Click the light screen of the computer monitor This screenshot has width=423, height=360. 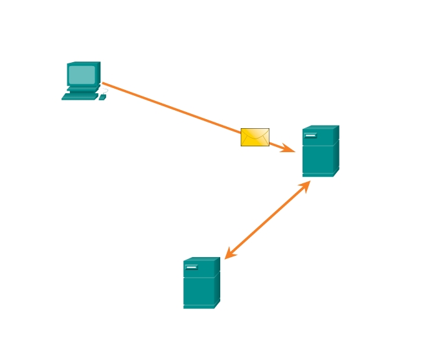click(82, 74)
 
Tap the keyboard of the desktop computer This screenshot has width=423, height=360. click(79, 97)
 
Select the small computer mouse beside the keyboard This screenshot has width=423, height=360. click(102, 97)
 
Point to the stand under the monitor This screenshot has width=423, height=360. click(82, 89)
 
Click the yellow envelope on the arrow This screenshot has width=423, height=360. click(255, 137)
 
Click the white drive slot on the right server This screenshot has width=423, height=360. click(310, 135)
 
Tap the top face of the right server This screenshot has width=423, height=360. click(321, 128)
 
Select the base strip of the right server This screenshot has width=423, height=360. click(317, 174)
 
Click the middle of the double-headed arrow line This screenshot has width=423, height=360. click(268, 220)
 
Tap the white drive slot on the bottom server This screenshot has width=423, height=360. click(191, 267)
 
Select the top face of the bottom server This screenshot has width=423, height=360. click(201, 260)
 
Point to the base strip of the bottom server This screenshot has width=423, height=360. click(198, 306)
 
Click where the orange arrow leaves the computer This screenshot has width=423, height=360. click(104, 84)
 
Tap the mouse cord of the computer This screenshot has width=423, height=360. click(105, 91)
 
